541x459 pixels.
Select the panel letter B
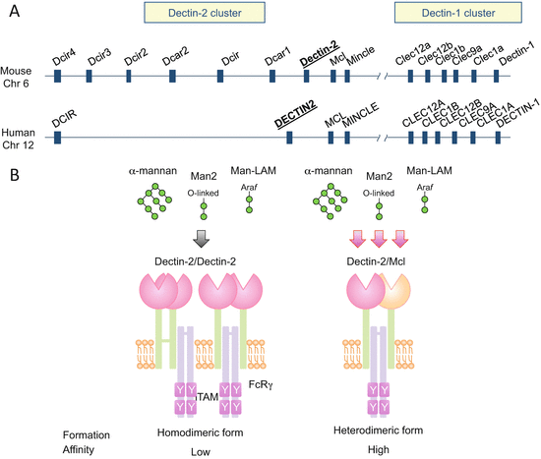[11, 176]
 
